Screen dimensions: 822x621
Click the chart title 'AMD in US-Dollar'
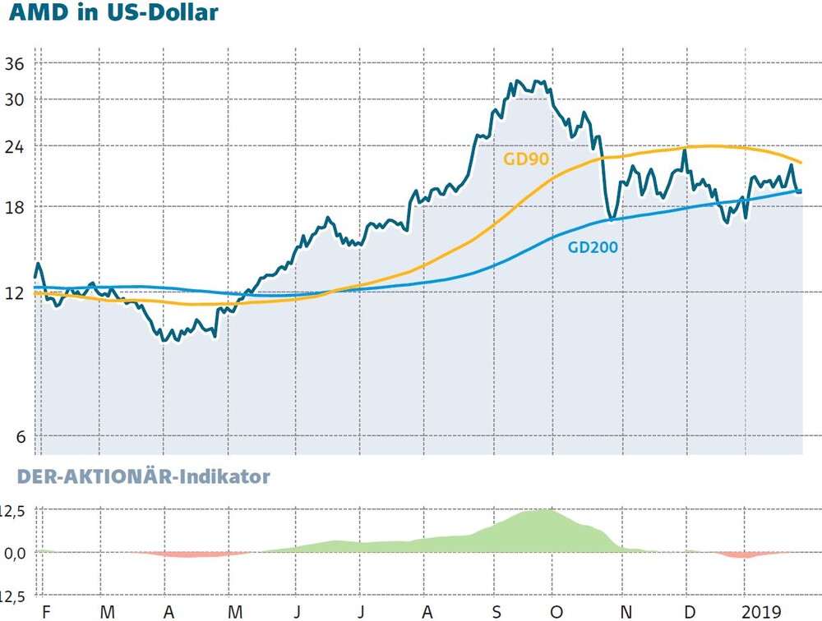[x=113, y=12]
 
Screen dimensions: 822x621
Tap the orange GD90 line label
[x=526, y=159]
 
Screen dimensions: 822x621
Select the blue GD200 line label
[x=593, y=246]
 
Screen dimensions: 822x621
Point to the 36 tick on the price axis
[x=15, y=64]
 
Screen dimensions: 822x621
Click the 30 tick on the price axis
[x=15, y=99]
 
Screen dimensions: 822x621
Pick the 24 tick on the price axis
[x=15, y=147]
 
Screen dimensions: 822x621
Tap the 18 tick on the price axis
[x=15, y=208]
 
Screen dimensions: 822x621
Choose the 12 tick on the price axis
[x=15, y=293]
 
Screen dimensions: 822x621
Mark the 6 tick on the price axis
[x=21, y=436]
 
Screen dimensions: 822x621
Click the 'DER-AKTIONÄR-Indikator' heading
[x=143, y=476]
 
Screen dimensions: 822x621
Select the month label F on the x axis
[x=46, y=612]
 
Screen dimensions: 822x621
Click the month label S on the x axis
[x=496, y=612]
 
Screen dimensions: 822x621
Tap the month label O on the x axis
[x=556, y=612]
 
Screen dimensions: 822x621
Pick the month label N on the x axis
[x=626, y=612]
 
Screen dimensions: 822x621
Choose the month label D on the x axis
[x=690, y=612]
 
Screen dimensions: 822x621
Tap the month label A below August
[x=427, y=612]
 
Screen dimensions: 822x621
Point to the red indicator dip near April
[x=189, y=554]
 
